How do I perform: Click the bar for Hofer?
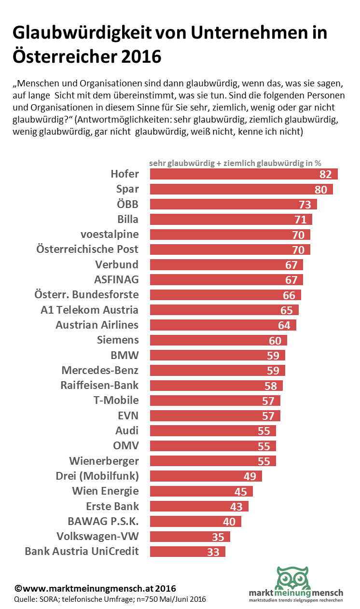[244, 174]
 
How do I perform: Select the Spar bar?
[241, 189]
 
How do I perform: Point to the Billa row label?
[128, 219]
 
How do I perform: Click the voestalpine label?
[110, 234]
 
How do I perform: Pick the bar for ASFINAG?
[226, 279]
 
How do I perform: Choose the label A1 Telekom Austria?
[90, 309]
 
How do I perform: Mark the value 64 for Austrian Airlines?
[284, 325]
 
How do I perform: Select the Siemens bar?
[219, 340]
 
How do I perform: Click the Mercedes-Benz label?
[100, 370]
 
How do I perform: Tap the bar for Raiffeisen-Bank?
[216, 385]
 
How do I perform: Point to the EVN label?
[128, 415]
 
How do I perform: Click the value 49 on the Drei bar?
[250, 476]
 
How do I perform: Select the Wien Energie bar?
[201, 491]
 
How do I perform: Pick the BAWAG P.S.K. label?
[103, 521]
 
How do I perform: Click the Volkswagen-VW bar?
[190, 537]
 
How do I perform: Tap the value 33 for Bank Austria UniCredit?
[213, 552]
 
